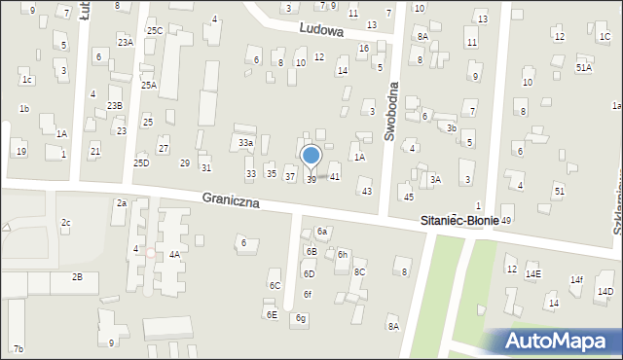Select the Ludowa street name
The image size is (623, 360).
coord(322,30)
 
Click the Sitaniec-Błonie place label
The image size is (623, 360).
coord(459,221)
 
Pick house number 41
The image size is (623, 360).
coord(334,176)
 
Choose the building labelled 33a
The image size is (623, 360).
coord(246,143)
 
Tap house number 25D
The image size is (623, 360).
coord(141,162)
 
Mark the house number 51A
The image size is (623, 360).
coord(583,67)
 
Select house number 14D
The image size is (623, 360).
coord(605,292)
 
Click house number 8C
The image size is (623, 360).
coord(359,271)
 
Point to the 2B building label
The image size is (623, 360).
coord(77,277)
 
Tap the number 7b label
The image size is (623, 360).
coord(18,348)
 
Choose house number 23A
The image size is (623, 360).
coord(126,43)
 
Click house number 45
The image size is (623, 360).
coord(408,198)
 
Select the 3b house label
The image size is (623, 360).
coord(451,127)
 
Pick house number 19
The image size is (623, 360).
coord(21,151)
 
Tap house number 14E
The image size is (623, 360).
coord(532,274)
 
